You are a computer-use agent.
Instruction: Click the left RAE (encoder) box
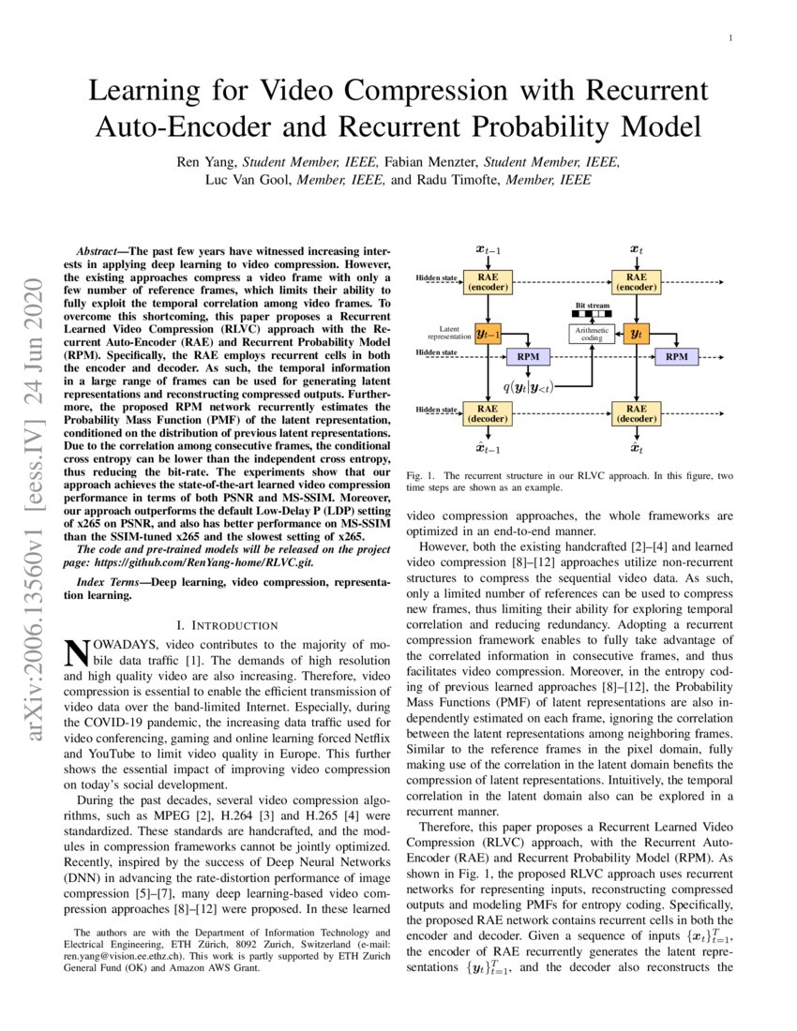pyautogui.click(x=488, y=282)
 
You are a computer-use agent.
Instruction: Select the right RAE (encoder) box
pyautogui.click(x=636, y=282)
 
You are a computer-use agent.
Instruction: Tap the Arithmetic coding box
pyautogui.click(x=591, y=334)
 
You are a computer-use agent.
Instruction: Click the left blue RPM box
pyautogui.click(x=528, y=356)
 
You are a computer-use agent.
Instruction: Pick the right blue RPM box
pyautogui.click(x=676, y=356)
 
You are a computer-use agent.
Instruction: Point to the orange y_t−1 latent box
pyautogui.click(x=488, y=334)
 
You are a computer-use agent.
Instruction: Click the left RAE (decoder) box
pyautogui.click(x=488, y=413)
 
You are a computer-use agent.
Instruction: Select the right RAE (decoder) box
pyautogui.click(x=636, y=413)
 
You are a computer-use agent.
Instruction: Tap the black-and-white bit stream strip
pyautogui.click(x=591, y=315)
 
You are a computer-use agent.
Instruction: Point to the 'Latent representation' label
pyautogui.click(x=448, y=332)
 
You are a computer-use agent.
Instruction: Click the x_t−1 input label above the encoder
pyautogui.click(x=488, y=250)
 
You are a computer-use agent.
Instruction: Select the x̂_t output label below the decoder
pyautogui.click(x=636, y=448)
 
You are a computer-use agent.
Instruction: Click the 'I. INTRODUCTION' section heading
pyautogui.click(x=227, y=625)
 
